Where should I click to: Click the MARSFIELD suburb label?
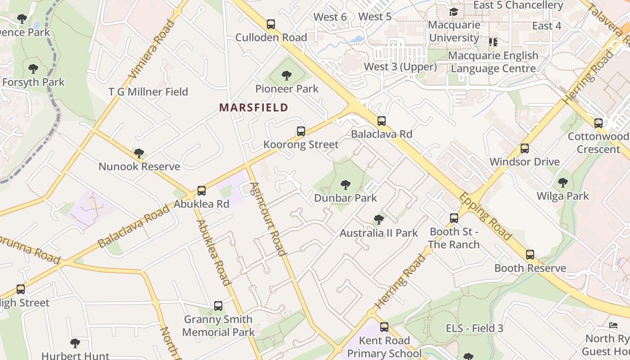pos(253,108)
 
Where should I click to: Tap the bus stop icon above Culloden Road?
pos(270,24)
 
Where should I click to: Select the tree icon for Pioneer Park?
pos(286,75)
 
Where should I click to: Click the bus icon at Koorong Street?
pos(301,131)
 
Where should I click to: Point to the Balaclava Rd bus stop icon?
pos(382,121)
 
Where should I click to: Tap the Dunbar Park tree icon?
pos(346,184)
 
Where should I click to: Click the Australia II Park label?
pos(378,233)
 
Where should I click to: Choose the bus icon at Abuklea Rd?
pos(202,191)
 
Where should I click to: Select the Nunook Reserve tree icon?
pos(139,153)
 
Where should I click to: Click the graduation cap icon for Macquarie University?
pos(454,12)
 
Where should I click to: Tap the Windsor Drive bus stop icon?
pos(525,148)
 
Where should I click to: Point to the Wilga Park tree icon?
pos(562,183)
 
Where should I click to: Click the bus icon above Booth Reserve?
pos(530,255)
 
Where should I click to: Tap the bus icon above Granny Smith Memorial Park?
pos(218,306)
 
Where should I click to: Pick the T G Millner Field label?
pos(148,92)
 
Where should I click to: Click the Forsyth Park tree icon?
pos(33,69)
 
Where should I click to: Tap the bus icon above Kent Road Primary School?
pos(384,327)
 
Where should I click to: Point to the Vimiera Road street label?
pos(152,49)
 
